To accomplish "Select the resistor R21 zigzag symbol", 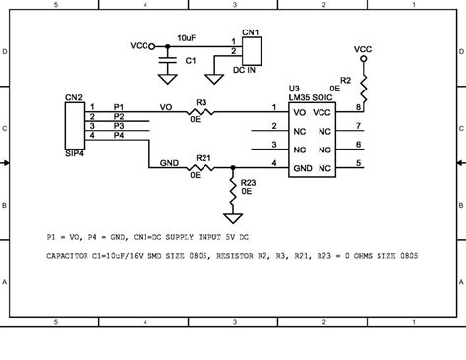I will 203,168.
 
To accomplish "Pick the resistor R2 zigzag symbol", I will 363,90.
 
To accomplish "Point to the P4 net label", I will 118,135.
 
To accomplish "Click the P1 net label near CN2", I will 118,106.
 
